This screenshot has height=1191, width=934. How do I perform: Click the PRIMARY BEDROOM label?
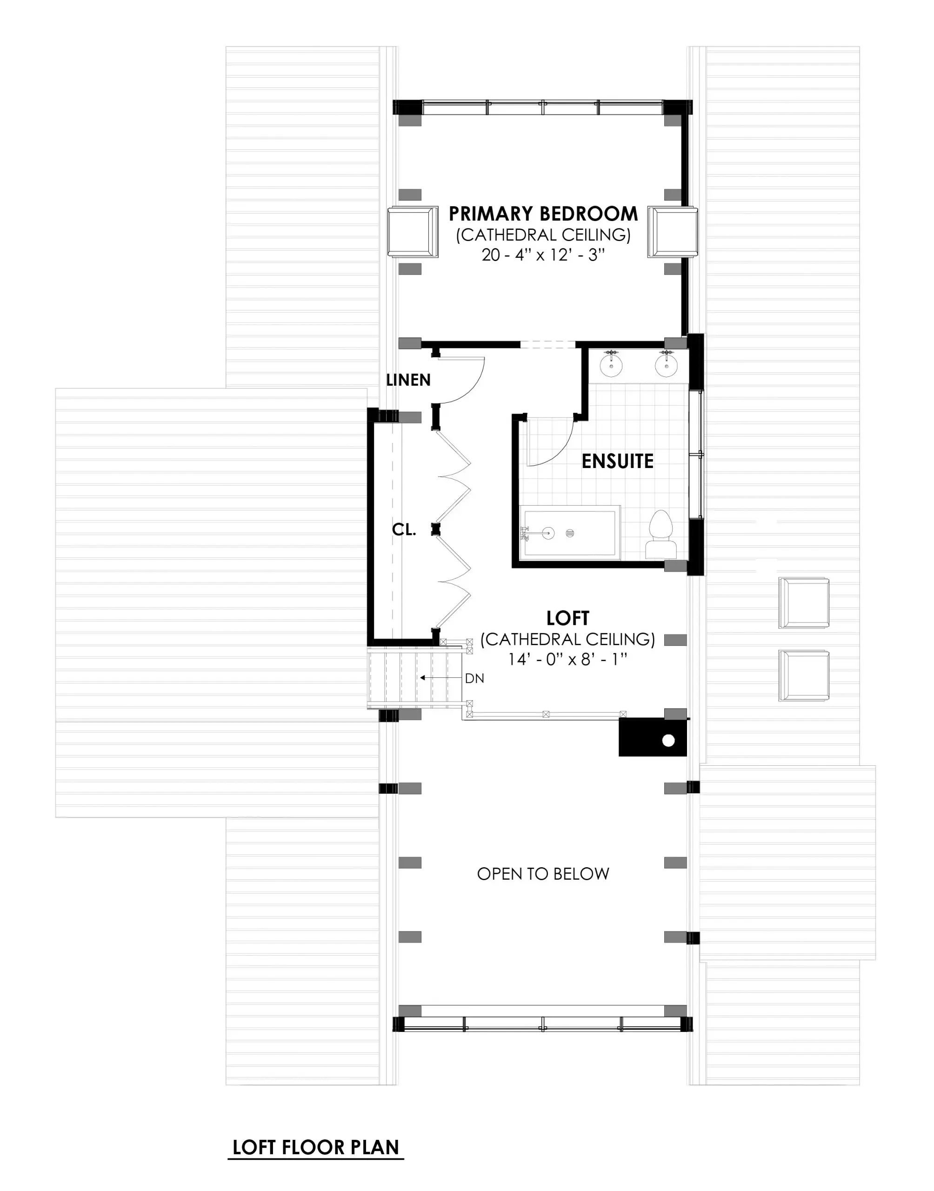click(x=543, y=213)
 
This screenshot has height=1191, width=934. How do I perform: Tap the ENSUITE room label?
click(x=617, y=461)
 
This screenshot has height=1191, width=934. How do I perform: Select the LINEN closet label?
click(x=408, y=380)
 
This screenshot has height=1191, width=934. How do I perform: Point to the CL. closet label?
click(x=404, y=529)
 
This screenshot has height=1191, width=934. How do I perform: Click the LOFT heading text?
click(x=567, y=618)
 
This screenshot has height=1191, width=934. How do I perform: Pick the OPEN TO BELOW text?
click(x=543, y=874)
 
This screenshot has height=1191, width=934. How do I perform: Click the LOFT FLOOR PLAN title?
click(x=315, y=1147)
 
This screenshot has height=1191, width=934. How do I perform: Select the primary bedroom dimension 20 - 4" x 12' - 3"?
click(x=543, y=255)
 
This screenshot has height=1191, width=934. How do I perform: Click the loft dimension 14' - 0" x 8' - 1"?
click(x=567, y=660)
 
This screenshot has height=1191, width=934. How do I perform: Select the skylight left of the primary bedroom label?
click(x=413, y=231)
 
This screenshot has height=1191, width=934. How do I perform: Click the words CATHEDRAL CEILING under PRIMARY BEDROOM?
click(x=543, y=234)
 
